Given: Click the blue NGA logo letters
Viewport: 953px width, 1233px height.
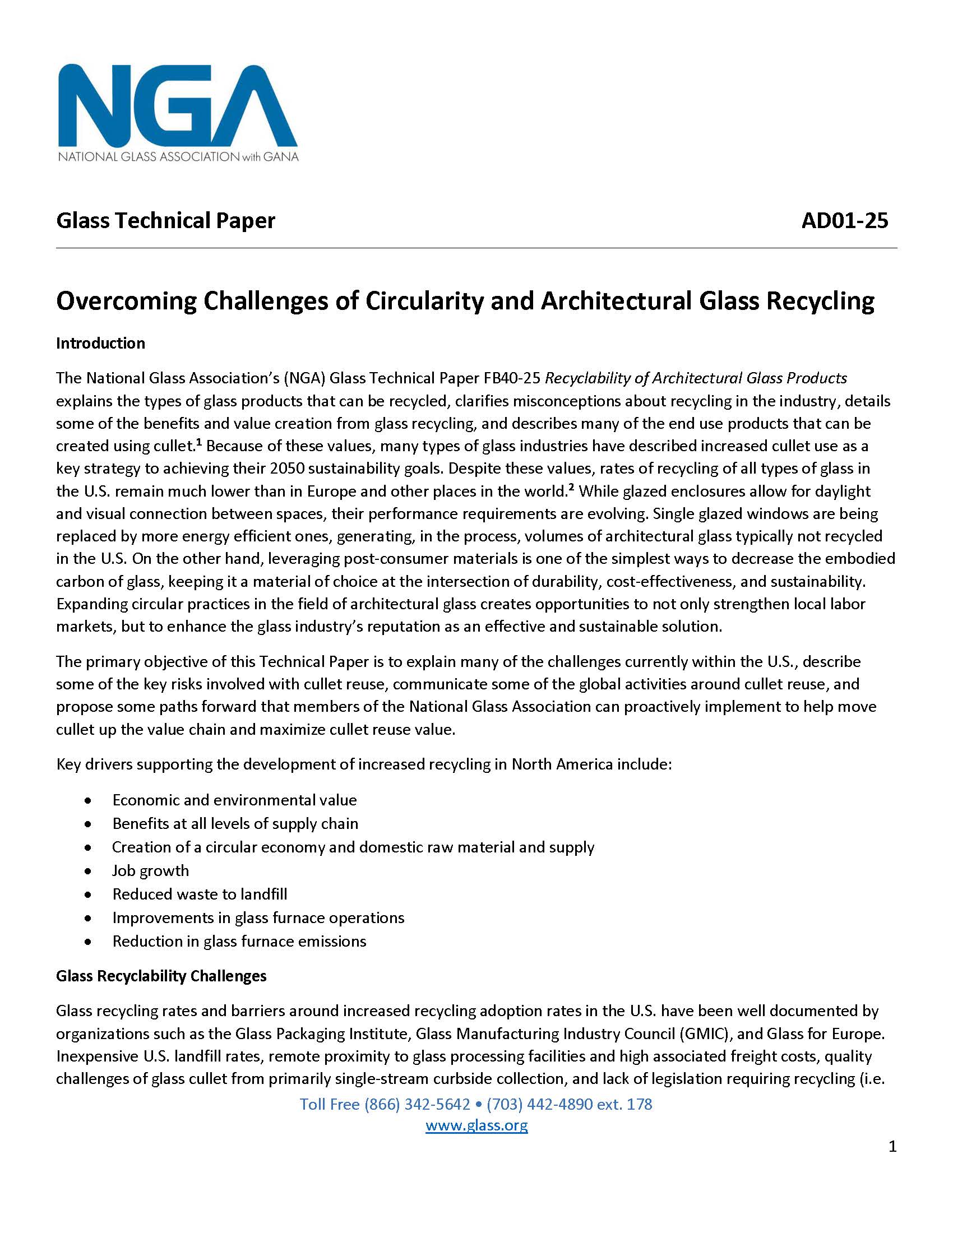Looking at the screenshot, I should (x=177, y=105).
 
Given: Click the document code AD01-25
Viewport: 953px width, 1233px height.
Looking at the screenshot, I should (x=844, y=220).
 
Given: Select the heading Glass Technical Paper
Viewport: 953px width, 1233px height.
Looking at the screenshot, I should (x=165, y=220).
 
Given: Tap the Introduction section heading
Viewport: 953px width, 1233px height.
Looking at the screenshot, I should (x=100, y=343).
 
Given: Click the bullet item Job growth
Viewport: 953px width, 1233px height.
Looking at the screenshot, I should (x=150, y=870).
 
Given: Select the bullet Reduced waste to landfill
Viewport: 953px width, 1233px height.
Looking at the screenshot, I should (x=200, y=894).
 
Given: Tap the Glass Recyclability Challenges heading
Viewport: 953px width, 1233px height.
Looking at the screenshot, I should (x=161, y=976).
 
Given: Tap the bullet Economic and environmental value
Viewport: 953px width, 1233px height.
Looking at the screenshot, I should (x=234, y=800).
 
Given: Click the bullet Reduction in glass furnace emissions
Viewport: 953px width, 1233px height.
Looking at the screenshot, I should (x=239, y=941).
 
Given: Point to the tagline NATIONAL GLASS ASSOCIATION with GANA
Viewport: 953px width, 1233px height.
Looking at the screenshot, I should (x=178, y=156).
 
